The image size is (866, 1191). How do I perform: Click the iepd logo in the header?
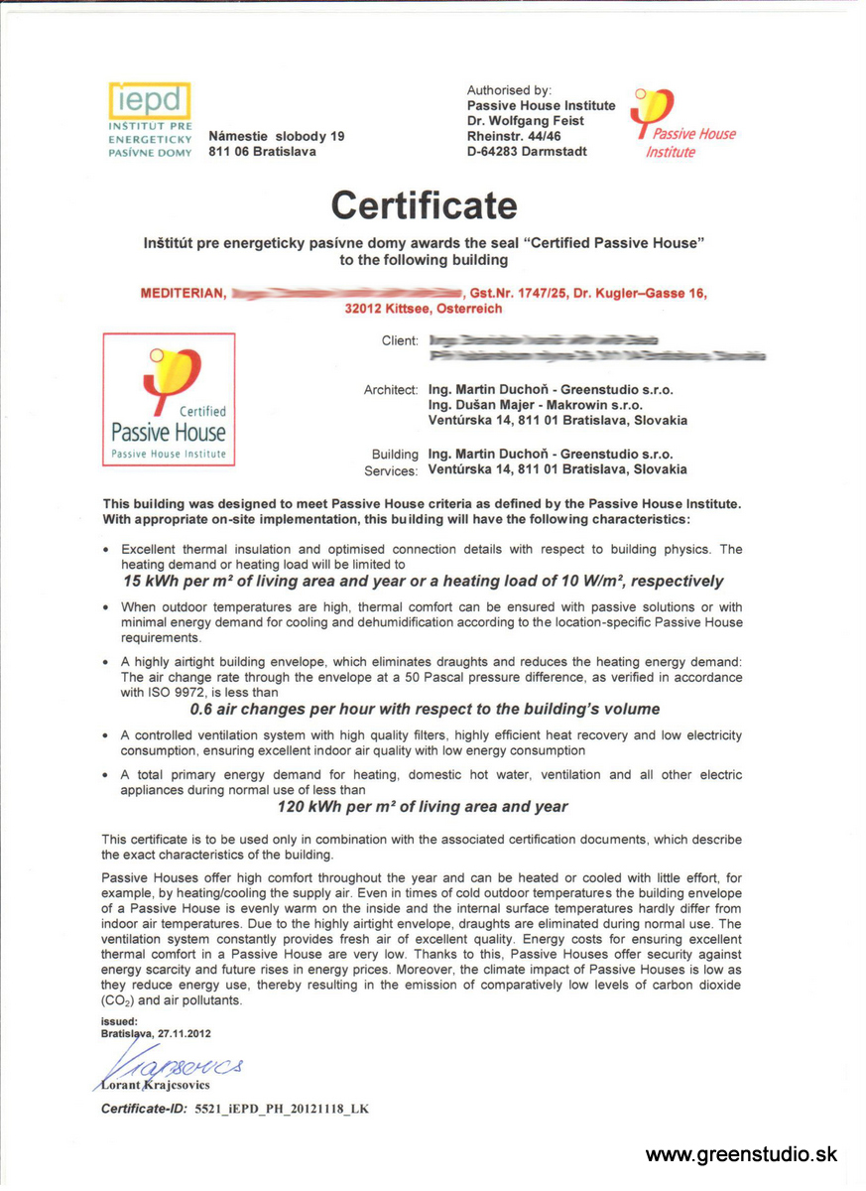click(149, 100)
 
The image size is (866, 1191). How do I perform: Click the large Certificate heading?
click(424, 205)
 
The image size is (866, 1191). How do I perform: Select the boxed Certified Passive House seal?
click(169, 399)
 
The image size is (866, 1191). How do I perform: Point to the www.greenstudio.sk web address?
click(741, 1154)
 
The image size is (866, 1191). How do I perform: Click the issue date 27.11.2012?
click(180, 1033)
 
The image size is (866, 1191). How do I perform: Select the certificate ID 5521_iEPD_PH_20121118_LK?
click(281, 1108)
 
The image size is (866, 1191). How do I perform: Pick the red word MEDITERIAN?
click(184, 294)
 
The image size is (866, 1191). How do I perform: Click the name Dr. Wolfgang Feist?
click(526, 121)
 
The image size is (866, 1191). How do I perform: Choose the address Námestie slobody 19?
click(277, 136)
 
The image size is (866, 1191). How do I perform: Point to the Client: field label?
click(400, 340)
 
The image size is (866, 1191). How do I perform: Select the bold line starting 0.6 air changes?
click(424, 710)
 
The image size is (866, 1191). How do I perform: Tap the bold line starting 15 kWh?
click(423, 582)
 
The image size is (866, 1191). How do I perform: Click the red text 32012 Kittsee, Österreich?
click(424, 310)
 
